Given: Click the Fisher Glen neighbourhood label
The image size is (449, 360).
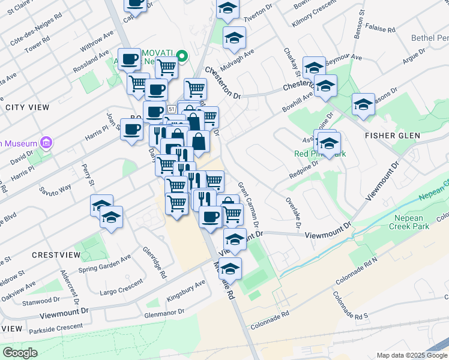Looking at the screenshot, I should tap(396, 136).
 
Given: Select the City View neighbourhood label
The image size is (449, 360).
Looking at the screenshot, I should tap(27, 107).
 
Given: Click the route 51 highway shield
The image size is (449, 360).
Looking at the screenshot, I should tap(172, 109).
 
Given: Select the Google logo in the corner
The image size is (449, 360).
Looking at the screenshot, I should tap(20, 352).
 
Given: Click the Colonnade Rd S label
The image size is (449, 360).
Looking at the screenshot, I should tap(364, 314).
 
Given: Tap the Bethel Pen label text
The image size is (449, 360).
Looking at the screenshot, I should tap(429, 38).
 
